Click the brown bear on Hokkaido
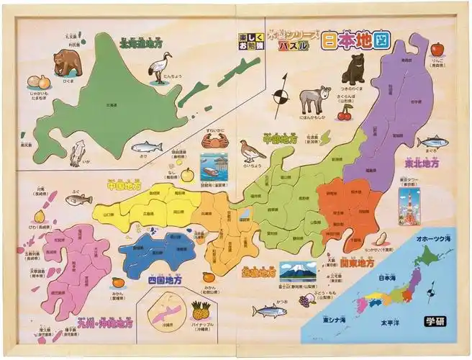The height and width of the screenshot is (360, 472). tap(68, 63)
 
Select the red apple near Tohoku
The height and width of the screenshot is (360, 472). tap(437, 49)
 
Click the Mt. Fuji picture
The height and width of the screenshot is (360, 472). tap(298, 271)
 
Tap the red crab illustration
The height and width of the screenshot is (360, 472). tap(214, 140)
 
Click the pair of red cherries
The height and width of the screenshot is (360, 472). tap(345, 113)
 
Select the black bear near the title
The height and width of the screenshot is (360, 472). tap(353, 69)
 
